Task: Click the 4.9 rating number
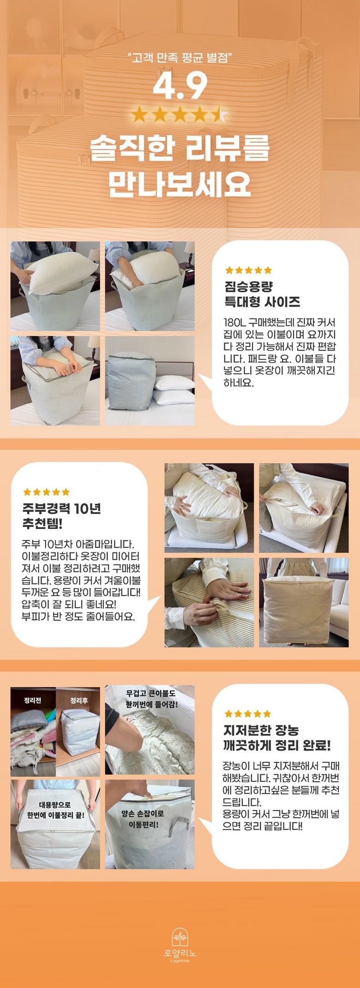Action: pos(180,86)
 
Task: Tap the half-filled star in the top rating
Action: pos(219,114)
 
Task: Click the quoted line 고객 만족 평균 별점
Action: pos(180,57)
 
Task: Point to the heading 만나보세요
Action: pos(180,184)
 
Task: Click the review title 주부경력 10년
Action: pos(61,509)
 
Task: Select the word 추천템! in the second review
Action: pos(42,524)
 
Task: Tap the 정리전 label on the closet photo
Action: pos(32,700)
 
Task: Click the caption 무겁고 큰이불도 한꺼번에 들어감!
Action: pos(151,699)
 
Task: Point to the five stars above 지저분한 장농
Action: pos(247,714)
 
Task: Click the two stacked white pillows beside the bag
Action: pos(173,389)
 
